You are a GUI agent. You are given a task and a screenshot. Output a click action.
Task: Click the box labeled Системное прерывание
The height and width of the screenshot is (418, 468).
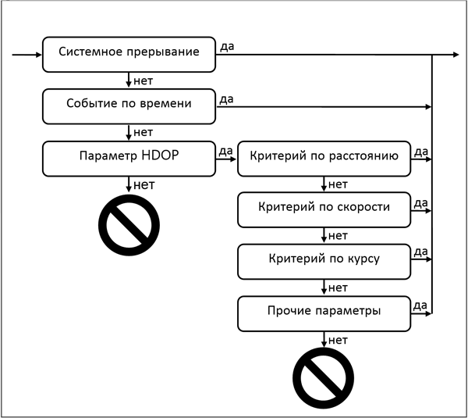(x=129, y=54)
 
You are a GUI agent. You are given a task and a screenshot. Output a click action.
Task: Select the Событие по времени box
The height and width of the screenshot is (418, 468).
(x=129, y=105)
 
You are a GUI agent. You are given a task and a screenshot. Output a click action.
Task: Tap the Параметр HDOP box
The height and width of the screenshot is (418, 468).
(x=129, y=158)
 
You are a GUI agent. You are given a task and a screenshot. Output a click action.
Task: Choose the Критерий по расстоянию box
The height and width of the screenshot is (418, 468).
(x=324, y=158)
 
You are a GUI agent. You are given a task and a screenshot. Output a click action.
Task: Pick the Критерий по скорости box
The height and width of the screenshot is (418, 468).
(x=324, y=209)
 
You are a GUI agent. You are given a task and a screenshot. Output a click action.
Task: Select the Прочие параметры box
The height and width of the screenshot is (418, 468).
(x=324, y=312)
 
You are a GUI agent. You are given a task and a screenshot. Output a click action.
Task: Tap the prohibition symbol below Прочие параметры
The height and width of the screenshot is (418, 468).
(x=324, y=378)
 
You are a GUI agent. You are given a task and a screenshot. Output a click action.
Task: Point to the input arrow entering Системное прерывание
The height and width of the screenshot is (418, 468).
(x=27, y=55)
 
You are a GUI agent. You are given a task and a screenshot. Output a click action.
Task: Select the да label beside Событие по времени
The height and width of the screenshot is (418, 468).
(x=228, y=98)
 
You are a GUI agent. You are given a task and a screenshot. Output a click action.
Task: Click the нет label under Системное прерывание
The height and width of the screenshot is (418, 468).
(x=144, y=80)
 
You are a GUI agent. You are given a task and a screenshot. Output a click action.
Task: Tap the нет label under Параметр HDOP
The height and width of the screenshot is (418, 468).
(x=144, y=184)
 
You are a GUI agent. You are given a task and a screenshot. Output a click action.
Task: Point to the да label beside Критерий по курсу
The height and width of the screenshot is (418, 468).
(x=420, y=252)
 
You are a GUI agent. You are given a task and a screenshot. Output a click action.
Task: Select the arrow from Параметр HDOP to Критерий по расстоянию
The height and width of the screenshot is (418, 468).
(x=227, y=159)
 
